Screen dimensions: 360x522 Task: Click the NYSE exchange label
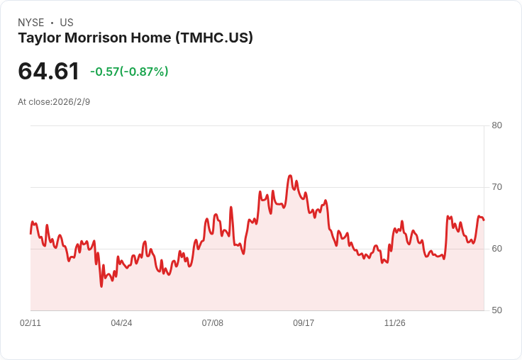pyautogui.click(x=31, y=23)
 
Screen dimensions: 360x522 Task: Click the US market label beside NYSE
pyautogui.click(x=67, y=23)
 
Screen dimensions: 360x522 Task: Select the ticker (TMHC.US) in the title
pyautogui.click(x=213, y=38)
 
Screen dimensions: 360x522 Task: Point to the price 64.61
pyautogui.click(x=48, y=72)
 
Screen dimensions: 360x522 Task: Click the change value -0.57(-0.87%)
pyautogui.click(x=129, y=72)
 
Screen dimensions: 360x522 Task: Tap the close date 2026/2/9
pyautogui.click(x=72, y=102)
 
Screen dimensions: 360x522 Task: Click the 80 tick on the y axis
pyautogui.click(x=497, y=125)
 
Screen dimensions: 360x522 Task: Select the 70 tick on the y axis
pyautogui.click(x=497, y=187)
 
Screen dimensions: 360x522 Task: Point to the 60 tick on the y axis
pyautogui.click(x=497, y=249)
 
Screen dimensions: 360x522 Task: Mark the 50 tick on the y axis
pyautogui.click(x=497, y=310)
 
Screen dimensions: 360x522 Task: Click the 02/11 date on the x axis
pyautogui.click(x=30, y=323)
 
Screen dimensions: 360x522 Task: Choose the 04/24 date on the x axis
pyautogui.click(x=121, y=323)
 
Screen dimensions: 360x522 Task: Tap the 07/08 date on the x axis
pyautogui.click(x=213, y=323)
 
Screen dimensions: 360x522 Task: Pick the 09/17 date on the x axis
pyautogui.click(x=304, y=323)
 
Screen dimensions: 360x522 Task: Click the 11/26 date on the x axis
pyautogui.click(x=394, y=323)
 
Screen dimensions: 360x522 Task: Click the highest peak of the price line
pyautogui.click(x=290, y=175)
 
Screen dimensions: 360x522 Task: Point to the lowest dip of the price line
pyautogui.click(x=101, y=286)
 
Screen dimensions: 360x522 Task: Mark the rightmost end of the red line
pyautogui.click(x=484, y=220)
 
